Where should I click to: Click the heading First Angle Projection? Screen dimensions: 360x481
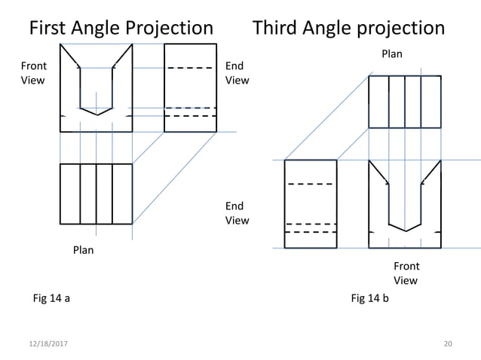click(x=121, y=29)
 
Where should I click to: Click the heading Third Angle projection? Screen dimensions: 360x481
click(x=348, y=29)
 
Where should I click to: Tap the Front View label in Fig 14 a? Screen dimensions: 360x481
click(x=32, y=73)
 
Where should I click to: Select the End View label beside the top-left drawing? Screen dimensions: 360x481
click(x=237, y=73)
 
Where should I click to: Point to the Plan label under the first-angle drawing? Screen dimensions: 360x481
click(x=83, y=250)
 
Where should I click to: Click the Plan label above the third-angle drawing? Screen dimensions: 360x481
click(x=391, y=53)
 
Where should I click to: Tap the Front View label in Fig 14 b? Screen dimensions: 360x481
click(x=406, y=273)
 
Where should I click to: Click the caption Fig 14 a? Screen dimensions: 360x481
click(x=51, y=299)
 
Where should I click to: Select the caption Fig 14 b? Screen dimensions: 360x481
click(x=369, y=299)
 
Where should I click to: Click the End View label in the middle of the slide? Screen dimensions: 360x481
click(x=237, y=213)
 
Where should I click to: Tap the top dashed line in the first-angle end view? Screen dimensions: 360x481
click(x=190, y=69)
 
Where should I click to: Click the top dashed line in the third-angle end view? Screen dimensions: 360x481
click(x=311, y=184)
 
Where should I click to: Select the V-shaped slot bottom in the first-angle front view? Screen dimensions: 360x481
click(x=97, y=112)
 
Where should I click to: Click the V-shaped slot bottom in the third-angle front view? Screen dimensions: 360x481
click(x=405, y=228)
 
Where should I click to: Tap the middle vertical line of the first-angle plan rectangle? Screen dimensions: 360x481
click(x=97, y=194)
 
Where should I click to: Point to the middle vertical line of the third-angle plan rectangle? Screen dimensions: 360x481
click(x=405, y=102)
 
